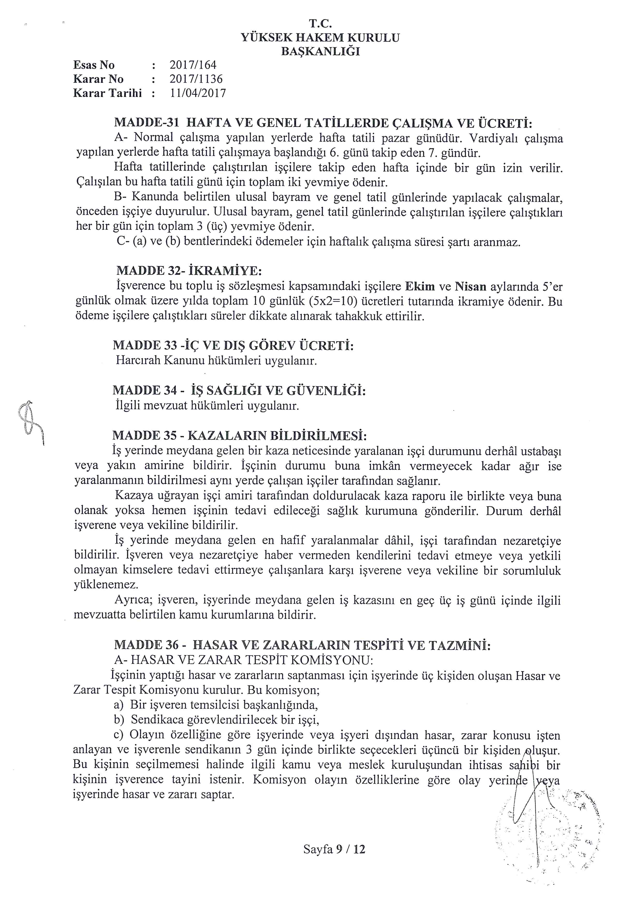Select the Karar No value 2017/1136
pyautogui.click(x=196, y=79)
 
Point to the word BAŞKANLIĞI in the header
pyautogui.click(x=320, y=52)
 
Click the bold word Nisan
pyautogui.click(x=470, y=286)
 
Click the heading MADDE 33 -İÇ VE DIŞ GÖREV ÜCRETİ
pyautogui.click(x=233, y=346)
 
